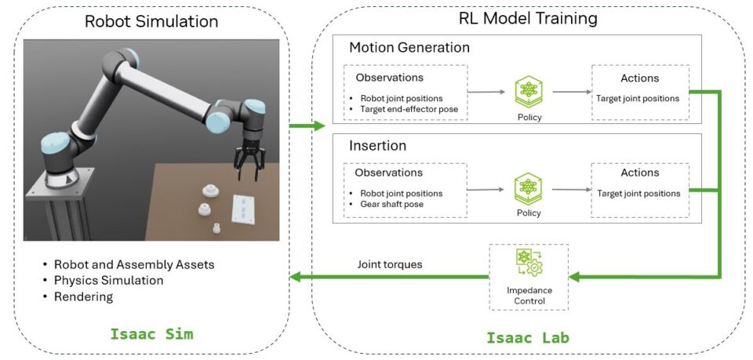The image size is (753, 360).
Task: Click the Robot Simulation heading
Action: [151, 21]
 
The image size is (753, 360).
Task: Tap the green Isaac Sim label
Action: [152, 335]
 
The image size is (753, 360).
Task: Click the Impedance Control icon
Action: [529, 264]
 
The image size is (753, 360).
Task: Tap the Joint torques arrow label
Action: [390, 264]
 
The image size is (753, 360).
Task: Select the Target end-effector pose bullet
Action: [410, 109]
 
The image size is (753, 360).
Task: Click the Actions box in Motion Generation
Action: [639, 91]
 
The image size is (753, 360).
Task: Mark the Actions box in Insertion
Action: [639, 190]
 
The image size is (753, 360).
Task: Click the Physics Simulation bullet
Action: [108, 280]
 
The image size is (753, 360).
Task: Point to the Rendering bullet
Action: [83, 296]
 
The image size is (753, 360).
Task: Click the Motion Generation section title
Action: [409, 48]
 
